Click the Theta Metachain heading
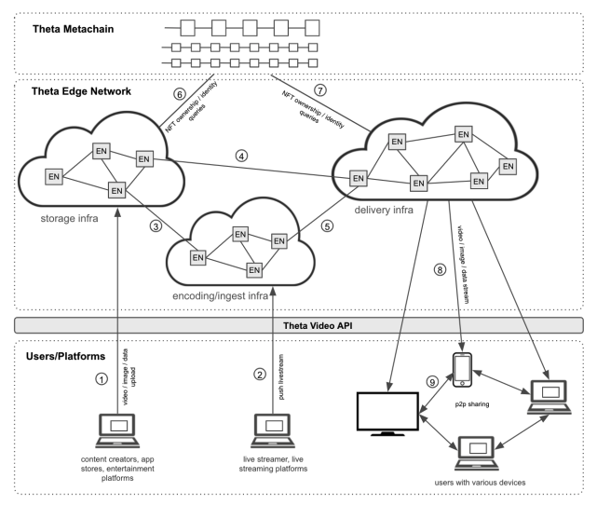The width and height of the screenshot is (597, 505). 73,29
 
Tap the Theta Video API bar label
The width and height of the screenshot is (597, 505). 318,325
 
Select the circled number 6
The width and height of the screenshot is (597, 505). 180,94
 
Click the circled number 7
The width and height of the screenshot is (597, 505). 320,90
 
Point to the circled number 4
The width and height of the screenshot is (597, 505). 241,156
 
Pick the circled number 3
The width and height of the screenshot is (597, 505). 156,226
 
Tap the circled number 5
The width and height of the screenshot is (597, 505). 327,225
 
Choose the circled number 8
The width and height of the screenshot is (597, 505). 440,270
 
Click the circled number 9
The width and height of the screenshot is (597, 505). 432,382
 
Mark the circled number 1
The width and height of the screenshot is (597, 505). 102,379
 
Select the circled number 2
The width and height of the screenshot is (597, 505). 260,375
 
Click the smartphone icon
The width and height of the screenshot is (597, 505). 462,370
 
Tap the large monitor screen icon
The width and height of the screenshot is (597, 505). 387,414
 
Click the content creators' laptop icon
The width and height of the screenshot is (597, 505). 117,430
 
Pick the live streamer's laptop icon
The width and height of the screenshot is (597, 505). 273,430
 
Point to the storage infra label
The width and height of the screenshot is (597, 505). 69,219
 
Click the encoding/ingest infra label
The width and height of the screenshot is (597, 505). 220,296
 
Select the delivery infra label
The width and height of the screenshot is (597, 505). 384,210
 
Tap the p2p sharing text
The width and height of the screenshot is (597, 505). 472,404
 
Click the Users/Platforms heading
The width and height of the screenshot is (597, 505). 65,356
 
